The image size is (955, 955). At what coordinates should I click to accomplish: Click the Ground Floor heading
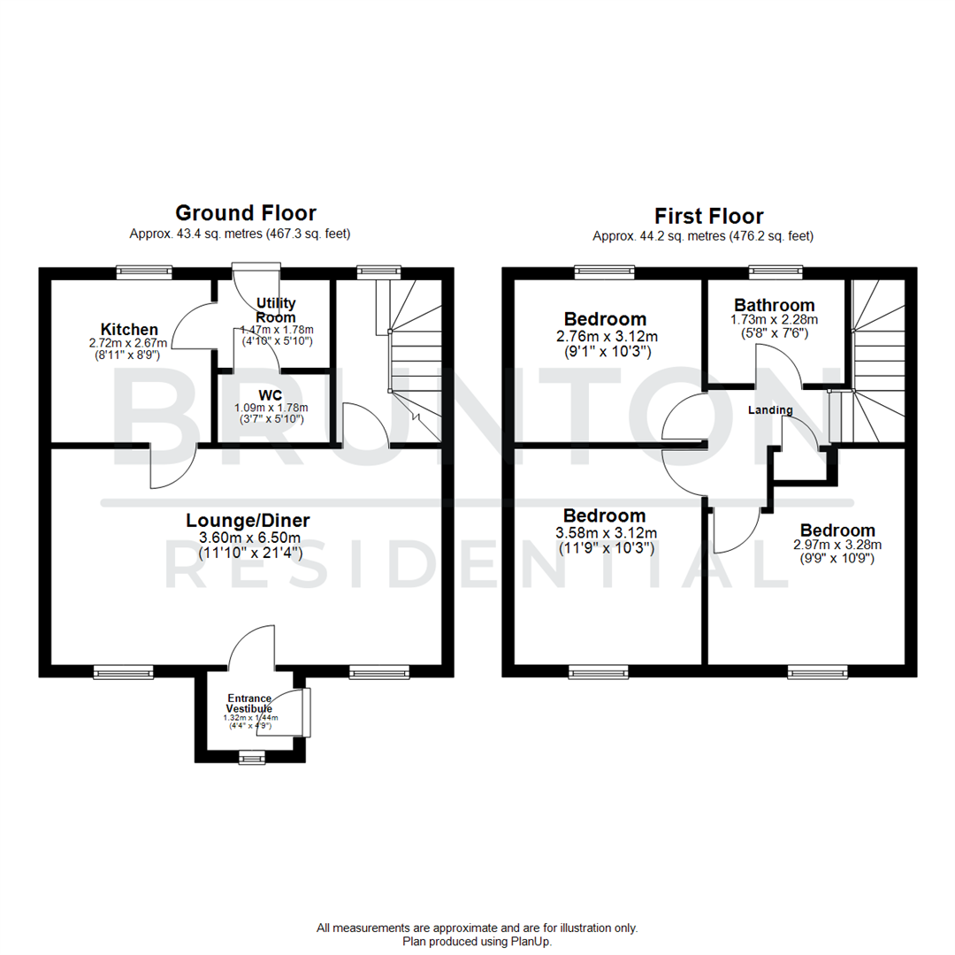click(245, 213)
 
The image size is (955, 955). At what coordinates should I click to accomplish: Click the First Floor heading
click(708, 216)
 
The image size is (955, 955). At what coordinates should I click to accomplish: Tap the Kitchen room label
click(129, 330)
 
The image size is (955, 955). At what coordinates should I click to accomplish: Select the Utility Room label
click(275, 310)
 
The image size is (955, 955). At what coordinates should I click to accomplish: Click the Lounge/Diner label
click(248, 520)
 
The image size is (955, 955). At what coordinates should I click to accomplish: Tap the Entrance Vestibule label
click(250, 704)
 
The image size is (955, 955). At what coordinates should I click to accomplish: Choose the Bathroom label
click(774, 305)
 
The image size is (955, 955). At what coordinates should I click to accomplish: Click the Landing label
click(770, 410)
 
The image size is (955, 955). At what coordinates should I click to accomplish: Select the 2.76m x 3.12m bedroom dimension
click(607, 337)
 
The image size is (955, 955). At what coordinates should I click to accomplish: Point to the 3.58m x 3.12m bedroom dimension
click(606, 532)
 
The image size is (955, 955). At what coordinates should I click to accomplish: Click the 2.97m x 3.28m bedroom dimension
click(837, 545)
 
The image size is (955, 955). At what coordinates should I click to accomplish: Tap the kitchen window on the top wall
click(144, 273)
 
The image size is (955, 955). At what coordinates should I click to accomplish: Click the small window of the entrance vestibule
click(251, 757)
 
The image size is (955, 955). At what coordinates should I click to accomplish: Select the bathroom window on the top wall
click(775, 273)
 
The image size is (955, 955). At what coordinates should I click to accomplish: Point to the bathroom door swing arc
click(778, 364)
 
